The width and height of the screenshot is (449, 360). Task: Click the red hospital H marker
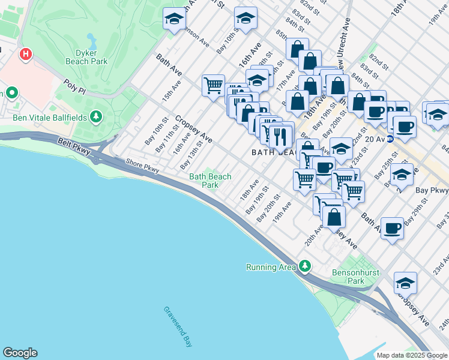coord(25,55)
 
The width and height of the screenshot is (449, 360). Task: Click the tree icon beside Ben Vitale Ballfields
coord(95,116)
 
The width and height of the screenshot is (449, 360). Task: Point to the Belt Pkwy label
coord(74,148)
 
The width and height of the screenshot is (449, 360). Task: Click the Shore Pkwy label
coord(142,166)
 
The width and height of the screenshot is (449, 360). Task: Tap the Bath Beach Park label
coord(210,181)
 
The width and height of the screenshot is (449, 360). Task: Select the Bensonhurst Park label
coord(356,277)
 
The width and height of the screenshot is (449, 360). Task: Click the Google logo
coord(20,353)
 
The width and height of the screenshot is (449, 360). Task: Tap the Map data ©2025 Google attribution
coord(411,355)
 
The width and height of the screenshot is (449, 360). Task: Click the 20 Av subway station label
coord(375,138)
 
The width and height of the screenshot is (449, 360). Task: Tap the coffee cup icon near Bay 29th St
coord(392,228)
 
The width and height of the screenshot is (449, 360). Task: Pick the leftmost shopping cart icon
coord(213,86)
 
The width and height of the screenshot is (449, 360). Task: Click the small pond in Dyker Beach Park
coord(91,41)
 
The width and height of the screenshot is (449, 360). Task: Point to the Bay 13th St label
coord(192,155)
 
